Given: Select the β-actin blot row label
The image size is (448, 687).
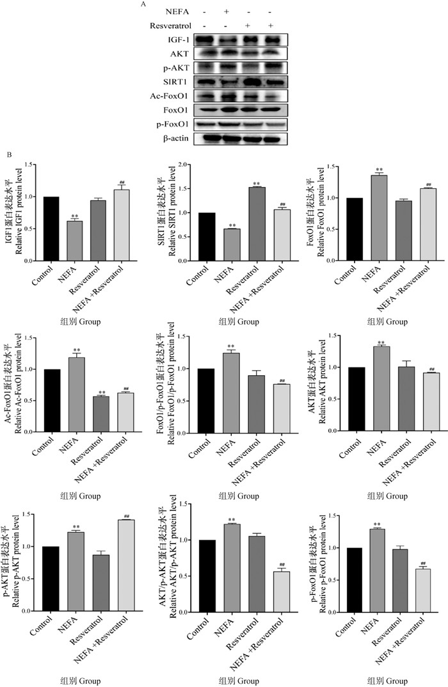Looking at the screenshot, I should pyautogui.click(x=178, y=138).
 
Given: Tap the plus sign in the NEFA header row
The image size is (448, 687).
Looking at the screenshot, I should pyautogui.click(x=226, y=12).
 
